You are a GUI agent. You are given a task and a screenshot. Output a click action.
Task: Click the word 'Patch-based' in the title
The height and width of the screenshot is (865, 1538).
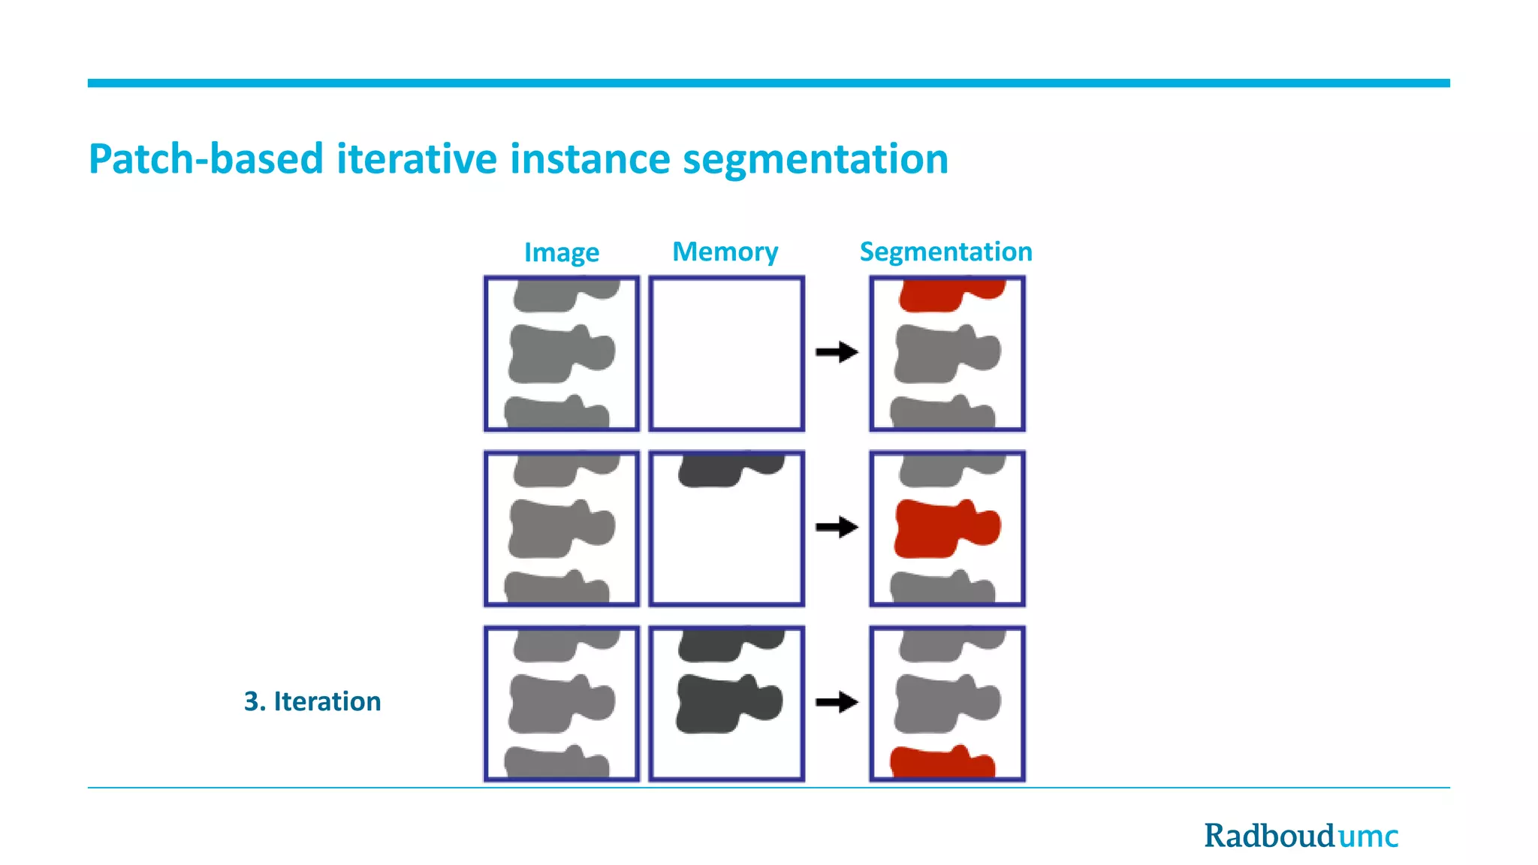pos(206,159)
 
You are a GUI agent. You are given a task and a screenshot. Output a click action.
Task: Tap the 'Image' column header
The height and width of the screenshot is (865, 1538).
pos(561,252)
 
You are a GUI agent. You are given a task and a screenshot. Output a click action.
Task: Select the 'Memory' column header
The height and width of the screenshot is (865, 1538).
pos(725,252)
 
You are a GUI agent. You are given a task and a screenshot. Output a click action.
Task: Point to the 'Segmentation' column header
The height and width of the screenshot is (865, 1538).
pos(945,252)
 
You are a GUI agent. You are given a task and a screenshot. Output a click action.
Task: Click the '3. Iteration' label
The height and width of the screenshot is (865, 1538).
pos(312,701)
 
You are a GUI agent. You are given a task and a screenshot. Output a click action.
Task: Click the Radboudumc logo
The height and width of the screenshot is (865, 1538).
pos(1301,836)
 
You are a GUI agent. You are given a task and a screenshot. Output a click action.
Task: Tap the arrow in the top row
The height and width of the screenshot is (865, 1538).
pos(837,351)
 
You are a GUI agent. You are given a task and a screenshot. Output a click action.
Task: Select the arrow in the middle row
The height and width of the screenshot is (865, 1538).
pos(837,527)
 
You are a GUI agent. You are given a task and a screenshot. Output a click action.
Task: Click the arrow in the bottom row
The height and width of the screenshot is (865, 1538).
pos(837,702)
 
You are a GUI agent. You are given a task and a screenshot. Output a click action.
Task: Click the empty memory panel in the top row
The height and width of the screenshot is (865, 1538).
pos(726,354)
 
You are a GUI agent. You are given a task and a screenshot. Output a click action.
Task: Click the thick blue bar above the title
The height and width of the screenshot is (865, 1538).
pos(768,83)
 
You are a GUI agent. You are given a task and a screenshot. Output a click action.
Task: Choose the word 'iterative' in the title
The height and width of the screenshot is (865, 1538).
pos(416,159)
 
